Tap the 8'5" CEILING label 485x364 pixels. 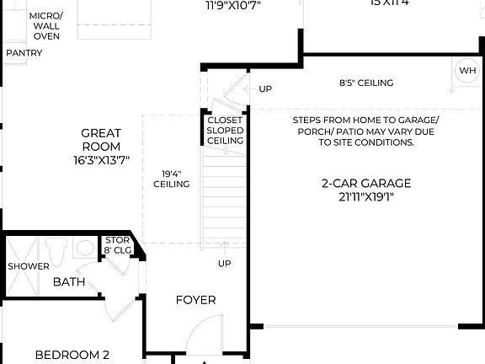[x=366, y=83]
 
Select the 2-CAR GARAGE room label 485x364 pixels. [x=365, y=183]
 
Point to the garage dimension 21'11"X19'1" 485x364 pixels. [x=365, y=198]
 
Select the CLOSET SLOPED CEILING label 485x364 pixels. [x=225, y=131]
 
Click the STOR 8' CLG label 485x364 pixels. [x=117, y=244]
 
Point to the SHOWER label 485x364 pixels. [x=28, y=266]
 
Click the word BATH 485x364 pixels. [x=69, y=281]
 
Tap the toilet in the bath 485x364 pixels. [x=57, y=250]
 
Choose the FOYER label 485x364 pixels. [x=195, y=300]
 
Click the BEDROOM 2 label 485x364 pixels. [x=72, y=356]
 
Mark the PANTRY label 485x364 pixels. [x=24, y=53]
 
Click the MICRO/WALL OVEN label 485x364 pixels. [x=46, y=25]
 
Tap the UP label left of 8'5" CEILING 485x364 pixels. [x=265, y=88]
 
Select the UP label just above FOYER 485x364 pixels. [x=225, y=264]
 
